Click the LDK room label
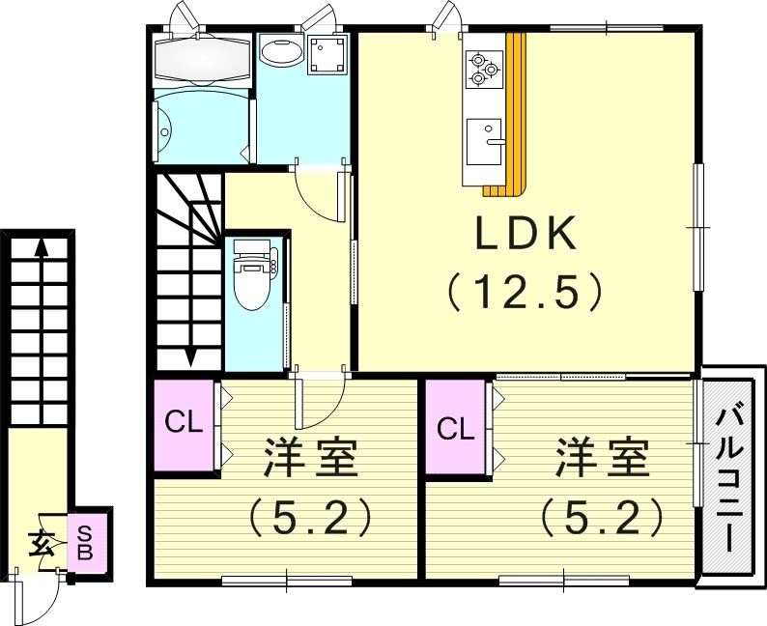525,234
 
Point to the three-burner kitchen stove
483,69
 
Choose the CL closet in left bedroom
184,424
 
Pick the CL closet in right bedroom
455,428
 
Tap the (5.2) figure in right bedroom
601,519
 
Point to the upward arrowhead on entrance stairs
41,246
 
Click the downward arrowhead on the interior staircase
190,357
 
